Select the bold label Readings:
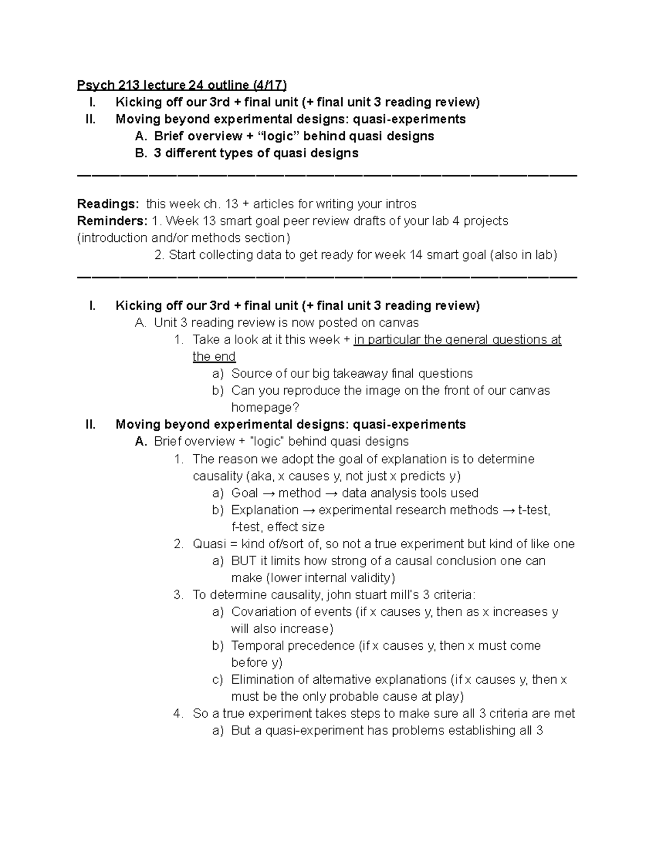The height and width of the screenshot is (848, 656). [108, 204]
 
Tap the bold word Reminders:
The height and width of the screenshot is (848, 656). [112, 221]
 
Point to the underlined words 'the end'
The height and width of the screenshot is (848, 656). [214, 357]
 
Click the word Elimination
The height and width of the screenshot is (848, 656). [262, 680]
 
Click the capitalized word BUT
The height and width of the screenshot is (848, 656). [244, 561]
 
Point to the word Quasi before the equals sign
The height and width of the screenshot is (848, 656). [209, 544]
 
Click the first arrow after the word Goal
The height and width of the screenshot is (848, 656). [268, 494]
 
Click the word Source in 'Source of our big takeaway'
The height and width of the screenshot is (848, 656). [250, 374]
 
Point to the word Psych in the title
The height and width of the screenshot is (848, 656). [96, 85]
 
